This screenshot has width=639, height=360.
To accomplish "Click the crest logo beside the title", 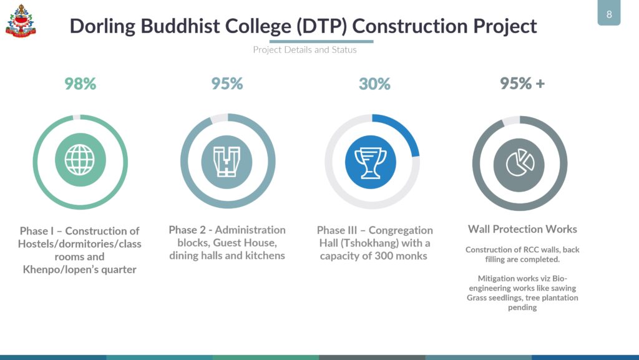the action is coord(21,21).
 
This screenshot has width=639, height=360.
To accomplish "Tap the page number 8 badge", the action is coord(609,13).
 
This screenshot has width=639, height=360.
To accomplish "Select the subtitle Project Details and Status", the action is coord(305,50).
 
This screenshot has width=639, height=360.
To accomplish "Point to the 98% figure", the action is coord(80,84).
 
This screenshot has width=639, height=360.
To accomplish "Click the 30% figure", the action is coord(374,84).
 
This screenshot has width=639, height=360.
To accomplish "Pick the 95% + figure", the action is coord(522,84).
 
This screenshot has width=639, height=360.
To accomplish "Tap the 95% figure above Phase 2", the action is coord(227,84).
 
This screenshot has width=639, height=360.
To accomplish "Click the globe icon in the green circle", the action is coord(80,160).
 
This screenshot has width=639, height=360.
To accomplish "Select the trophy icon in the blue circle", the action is coord(371,162).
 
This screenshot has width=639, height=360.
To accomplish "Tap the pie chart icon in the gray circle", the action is coord(520,163).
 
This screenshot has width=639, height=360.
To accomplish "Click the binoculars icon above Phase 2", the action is coord(227,162).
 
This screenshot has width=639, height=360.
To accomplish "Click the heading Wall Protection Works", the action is coord(522,229).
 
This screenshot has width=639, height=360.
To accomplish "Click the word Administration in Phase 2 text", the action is coord(250,230).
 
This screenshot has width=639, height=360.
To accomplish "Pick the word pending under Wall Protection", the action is coord(522,308).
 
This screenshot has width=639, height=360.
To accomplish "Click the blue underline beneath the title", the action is coord(321,41).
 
